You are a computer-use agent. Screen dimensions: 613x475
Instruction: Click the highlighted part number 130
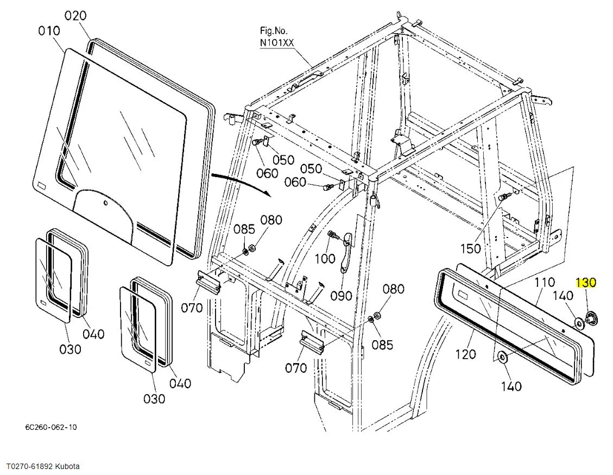coord(586,282)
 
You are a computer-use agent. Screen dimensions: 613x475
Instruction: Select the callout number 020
coord(75,16)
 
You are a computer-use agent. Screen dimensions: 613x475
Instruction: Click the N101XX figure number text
coord(277,42)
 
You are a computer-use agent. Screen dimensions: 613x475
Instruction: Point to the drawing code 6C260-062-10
coord(51,427)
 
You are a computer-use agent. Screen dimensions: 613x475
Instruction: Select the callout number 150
coord(470,248)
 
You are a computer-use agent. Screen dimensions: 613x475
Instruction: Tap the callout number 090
coord(341,296)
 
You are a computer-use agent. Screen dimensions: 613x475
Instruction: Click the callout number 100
coord(325,258)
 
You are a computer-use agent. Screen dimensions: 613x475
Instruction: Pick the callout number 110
coord(544,282)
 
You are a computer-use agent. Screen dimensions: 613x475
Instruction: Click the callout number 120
coord(466,354)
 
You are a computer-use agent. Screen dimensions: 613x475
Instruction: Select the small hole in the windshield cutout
coord(105,203)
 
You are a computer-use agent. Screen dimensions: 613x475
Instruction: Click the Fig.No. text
coord(273,30)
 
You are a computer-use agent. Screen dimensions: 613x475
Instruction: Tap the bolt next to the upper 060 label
coord(257,143)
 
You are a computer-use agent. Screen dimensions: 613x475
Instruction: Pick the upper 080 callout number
coord(271,220)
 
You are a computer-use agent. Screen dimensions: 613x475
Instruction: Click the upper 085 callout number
coord(244,229)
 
